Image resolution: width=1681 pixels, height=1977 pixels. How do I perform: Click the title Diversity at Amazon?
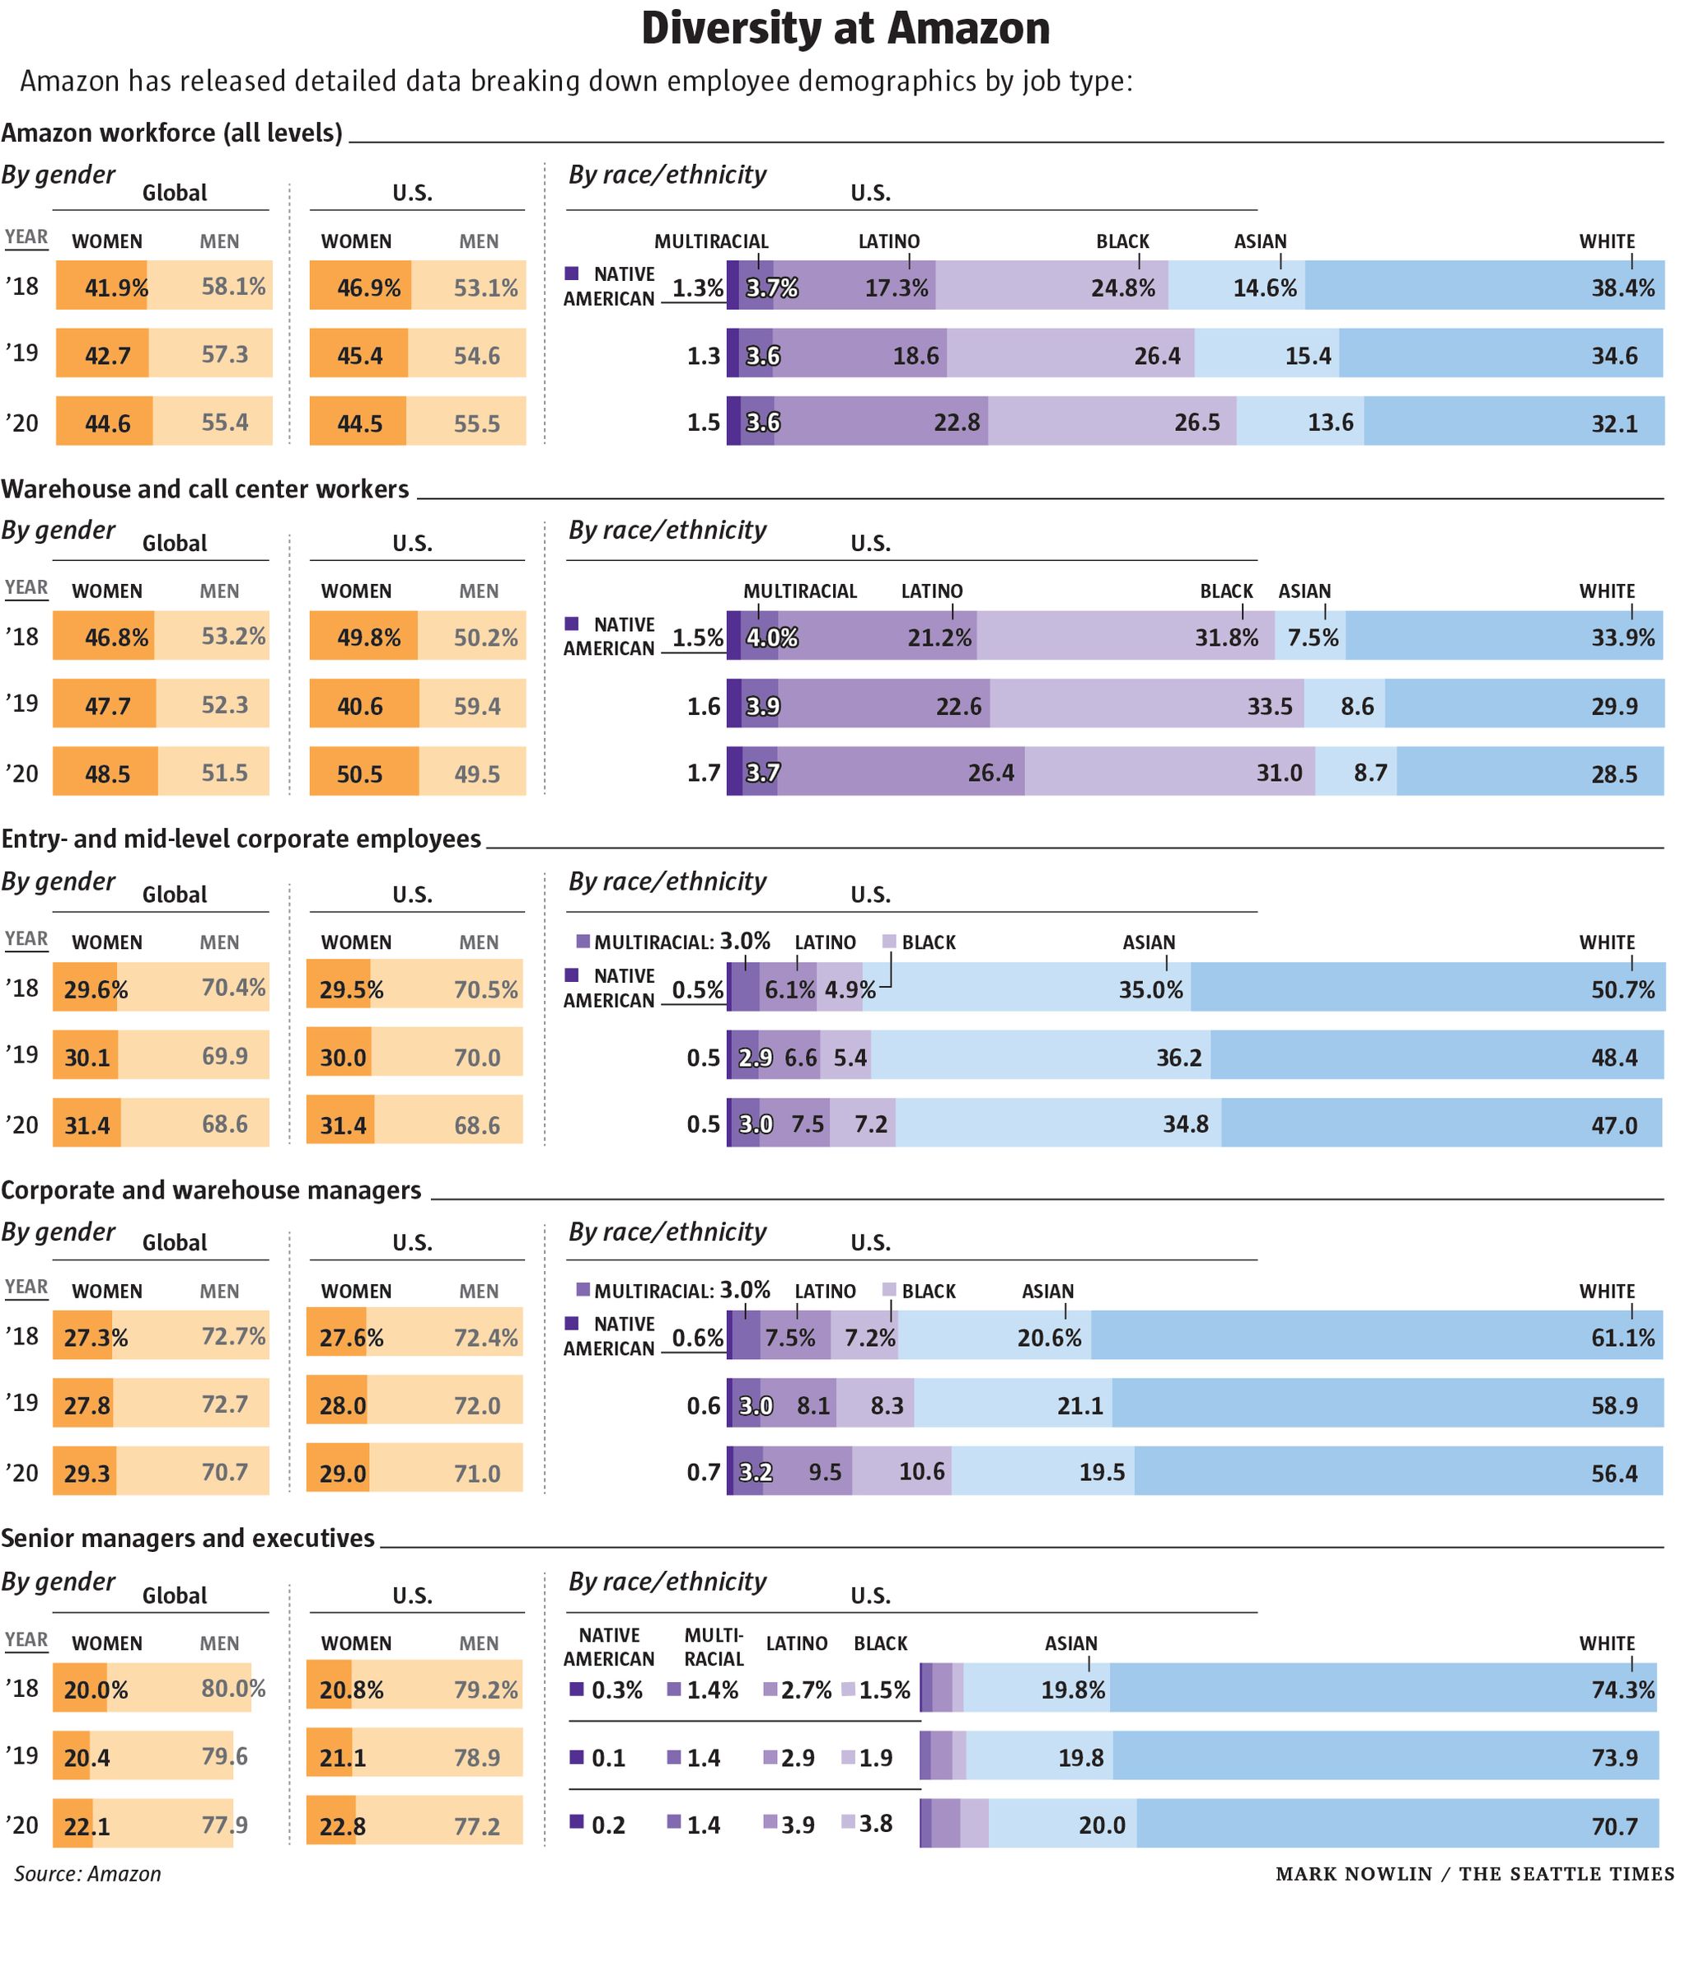click(x=845, y=29)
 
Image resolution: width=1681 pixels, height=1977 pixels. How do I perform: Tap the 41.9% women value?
click(x=116, y=287)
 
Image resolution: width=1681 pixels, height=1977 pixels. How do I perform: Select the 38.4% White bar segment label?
click(x=1622, y=287)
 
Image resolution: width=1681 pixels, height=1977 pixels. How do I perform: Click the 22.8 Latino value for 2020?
click(x=956, y=422)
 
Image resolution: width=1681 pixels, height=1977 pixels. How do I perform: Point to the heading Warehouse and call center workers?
click(x=205, y=488)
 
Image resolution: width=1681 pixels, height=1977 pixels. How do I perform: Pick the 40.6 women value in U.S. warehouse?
click(x=359, y=706)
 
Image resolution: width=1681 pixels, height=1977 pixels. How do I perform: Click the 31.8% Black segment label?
click(x=1225, y=638)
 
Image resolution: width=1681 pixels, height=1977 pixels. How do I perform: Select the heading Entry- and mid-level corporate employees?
click(x=241, y=839)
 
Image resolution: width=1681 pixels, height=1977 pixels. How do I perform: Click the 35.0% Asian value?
click(x=1150, y=990)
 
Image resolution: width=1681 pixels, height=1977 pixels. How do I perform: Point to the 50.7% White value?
click(x=1622, y=990)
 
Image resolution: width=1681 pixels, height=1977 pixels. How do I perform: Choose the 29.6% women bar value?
click(x=96, y=990)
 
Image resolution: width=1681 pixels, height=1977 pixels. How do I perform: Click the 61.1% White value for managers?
click(x=1622, y=1338)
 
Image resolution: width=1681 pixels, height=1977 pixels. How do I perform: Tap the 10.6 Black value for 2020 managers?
click(x=921, y=1472)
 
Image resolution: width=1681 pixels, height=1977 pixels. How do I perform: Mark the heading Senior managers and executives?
click(x=188, y=1539)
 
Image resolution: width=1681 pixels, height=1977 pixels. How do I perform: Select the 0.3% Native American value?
click(x=616, y=1690)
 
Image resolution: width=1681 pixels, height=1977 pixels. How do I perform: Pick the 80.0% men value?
click(x=232, y=1690)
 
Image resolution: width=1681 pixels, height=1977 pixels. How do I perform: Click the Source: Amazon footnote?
click(x=87, y=1874)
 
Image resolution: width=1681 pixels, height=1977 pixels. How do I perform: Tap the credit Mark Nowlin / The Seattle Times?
click(x=1473, y=1874)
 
